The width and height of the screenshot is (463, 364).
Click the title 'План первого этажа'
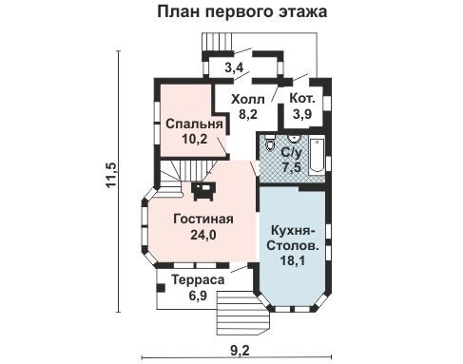coord(242,11)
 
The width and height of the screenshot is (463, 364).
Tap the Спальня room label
coord(194,124)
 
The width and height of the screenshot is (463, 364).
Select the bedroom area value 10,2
coord(194,139)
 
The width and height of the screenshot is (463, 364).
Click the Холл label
coord(248,100)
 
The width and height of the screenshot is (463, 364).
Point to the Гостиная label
coord(203,219)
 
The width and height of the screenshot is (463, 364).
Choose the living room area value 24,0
coord(203,235)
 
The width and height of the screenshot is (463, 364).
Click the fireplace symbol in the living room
coord(203,191)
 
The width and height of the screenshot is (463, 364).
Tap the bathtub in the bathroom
coord(317,156)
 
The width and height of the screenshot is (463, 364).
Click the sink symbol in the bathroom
coord(294,138)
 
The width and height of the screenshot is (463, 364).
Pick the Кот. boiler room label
coord(302,99)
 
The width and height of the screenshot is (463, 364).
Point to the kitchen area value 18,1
coord(292,260)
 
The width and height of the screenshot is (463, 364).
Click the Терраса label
coord(198,279)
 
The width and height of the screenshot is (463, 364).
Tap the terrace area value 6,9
coord(198,296)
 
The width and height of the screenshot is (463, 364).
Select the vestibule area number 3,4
coord(234,67)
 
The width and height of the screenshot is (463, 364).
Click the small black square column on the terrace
coord(161,288)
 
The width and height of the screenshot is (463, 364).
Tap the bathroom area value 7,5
coord(291,166)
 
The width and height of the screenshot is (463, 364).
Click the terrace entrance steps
coord(242,313)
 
